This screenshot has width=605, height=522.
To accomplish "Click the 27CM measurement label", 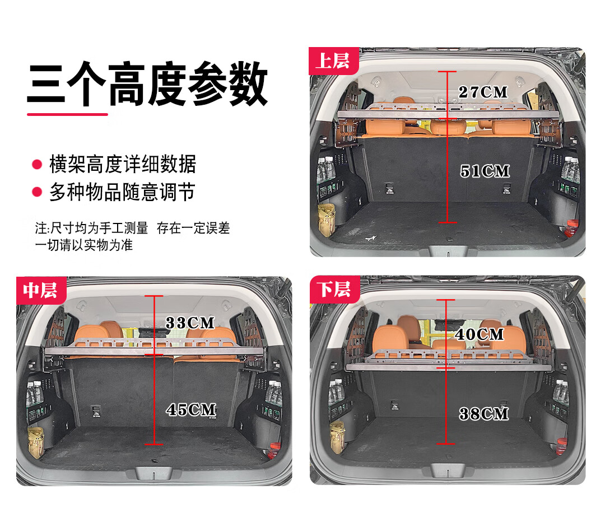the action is tap(483, 92).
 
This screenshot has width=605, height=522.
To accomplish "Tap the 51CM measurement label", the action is tap(485, 171).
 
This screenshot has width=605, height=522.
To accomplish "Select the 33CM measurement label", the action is tap(190, 323).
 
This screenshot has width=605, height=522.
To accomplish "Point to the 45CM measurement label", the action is tap(192, 410).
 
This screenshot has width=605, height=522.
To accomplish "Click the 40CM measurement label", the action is tap(480, 334).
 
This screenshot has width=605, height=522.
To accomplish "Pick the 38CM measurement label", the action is tap(484, 414).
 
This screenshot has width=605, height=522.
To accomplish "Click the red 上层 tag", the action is tap(334, 61).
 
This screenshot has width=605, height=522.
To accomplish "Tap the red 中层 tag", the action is tap(41, 290).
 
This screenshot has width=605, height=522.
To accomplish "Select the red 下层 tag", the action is tap(334, 290).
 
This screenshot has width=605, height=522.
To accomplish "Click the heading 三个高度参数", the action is tap(147, 84).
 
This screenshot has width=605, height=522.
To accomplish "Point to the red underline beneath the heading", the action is tap(67, 114).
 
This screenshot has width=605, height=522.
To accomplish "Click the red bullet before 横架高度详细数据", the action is tap(37, 165).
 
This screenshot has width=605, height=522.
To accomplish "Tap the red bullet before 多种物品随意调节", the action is tap(37, 192).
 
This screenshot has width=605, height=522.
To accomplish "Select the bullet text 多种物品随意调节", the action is tap(122, 192).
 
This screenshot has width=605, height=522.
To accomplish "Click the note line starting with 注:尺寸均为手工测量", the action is tap(132, 228).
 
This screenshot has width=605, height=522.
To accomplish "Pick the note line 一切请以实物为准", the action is tap(83, 245).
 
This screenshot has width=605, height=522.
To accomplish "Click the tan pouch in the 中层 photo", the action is tap(35, 442).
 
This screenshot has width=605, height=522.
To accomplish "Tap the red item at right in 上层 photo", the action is tap(572, 228).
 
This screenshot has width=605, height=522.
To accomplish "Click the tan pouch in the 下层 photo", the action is tap(337, 437).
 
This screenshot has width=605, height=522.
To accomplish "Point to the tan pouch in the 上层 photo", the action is tap(327, 220).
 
